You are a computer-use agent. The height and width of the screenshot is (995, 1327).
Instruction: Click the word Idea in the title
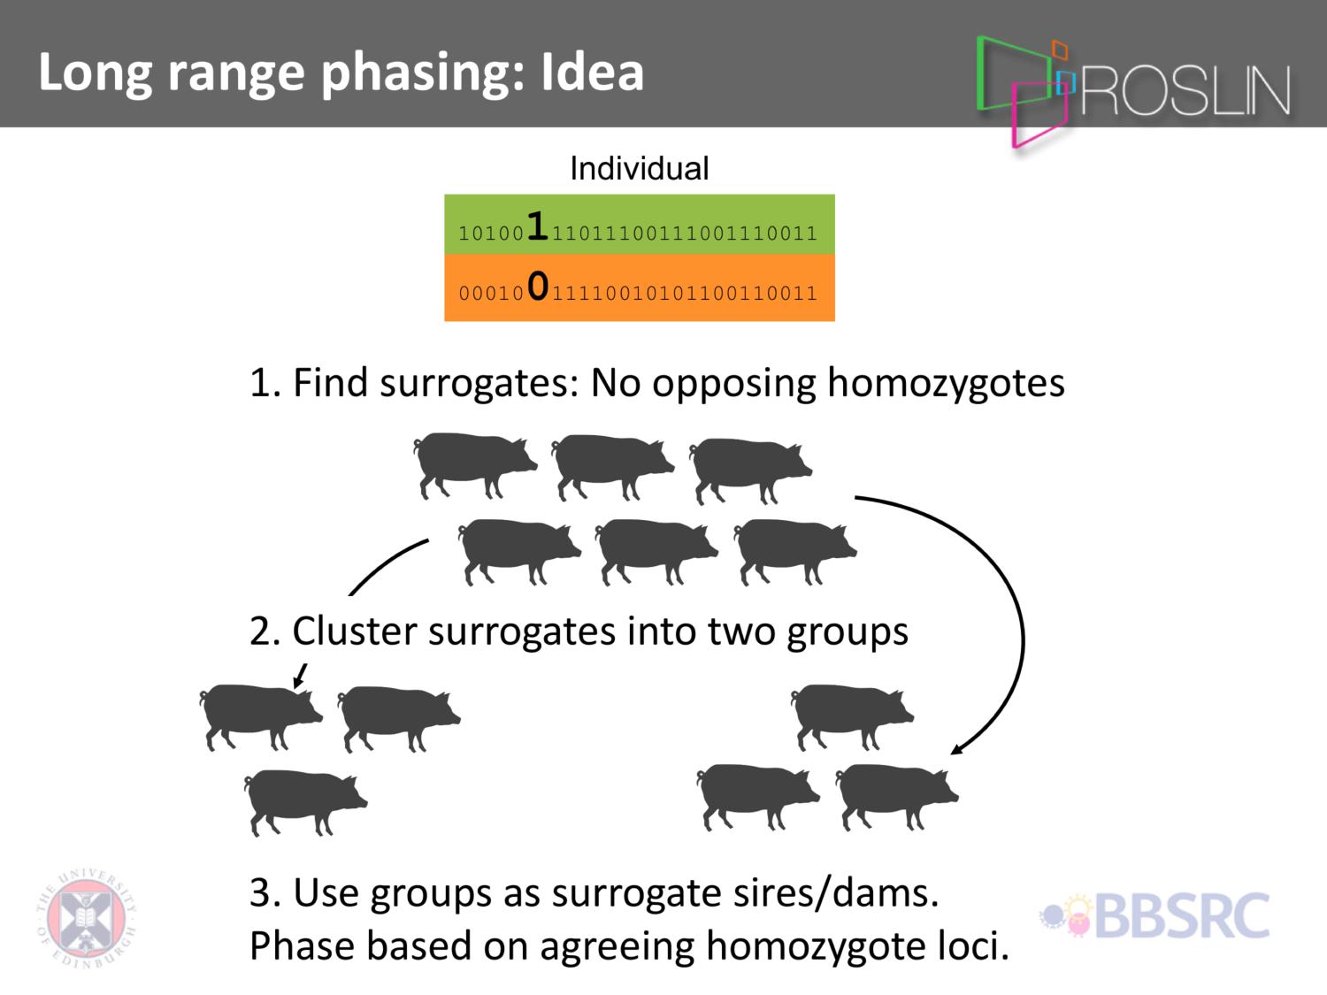[x=592, y=72]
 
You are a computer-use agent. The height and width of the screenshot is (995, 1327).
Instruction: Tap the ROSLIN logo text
[x=1185, y=90]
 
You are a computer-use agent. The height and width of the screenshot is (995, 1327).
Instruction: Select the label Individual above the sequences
[x=639, y=168]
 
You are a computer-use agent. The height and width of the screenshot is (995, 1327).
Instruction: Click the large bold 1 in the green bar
[x=537, y=226]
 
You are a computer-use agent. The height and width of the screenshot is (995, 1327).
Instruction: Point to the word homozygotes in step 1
[x=946, y=384]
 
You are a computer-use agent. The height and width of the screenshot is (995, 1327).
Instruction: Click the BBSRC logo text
[x=1182, y=916]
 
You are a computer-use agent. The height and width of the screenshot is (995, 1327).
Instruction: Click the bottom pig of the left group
[x=305, y=802]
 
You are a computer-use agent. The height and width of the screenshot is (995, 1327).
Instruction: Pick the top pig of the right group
[x=852, y=717]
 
